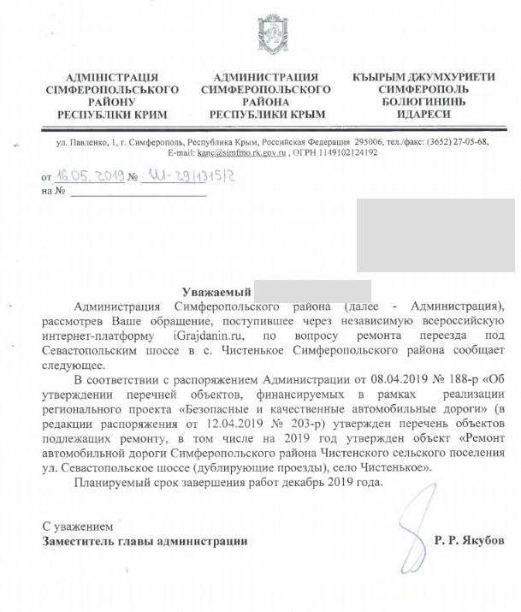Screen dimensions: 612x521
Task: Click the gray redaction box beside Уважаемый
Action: click(312, 291)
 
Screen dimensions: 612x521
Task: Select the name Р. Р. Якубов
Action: click(470, 541)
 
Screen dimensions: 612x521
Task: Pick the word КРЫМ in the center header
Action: click(301, 114)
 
